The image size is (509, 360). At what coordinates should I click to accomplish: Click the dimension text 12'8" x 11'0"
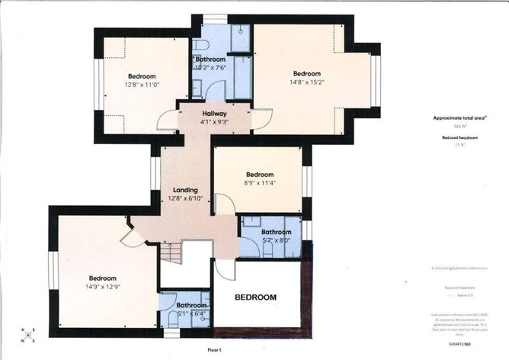[142, 85]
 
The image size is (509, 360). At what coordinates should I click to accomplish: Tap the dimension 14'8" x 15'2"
[306, 83]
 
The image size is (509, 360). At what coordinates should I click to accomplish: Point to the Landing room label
[185, 190]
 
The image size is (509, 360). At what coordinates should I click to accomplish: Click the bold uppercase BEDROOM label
[255, 296]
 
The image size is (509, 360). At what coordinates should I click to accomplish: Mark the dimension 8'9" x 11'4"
[259, 183]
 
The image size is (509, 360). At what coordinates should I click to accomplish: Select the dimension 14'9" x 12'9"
[101, 287]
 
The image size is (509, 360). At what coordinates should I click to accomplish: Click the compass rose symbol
[28, 334]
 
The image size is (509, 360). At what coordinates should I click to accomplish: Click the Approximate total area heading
[460, 117]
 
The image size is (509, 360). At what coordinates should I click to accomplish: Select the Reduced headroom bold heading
[459, 137]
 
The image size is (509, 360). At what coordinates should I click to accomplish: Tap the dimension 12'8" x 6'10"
[185, 199]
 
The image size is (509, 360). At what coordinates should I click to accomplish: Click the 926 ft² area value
[459, 126]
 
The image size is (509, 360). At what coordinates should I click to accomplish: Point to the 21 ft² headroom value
[459, 145]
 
